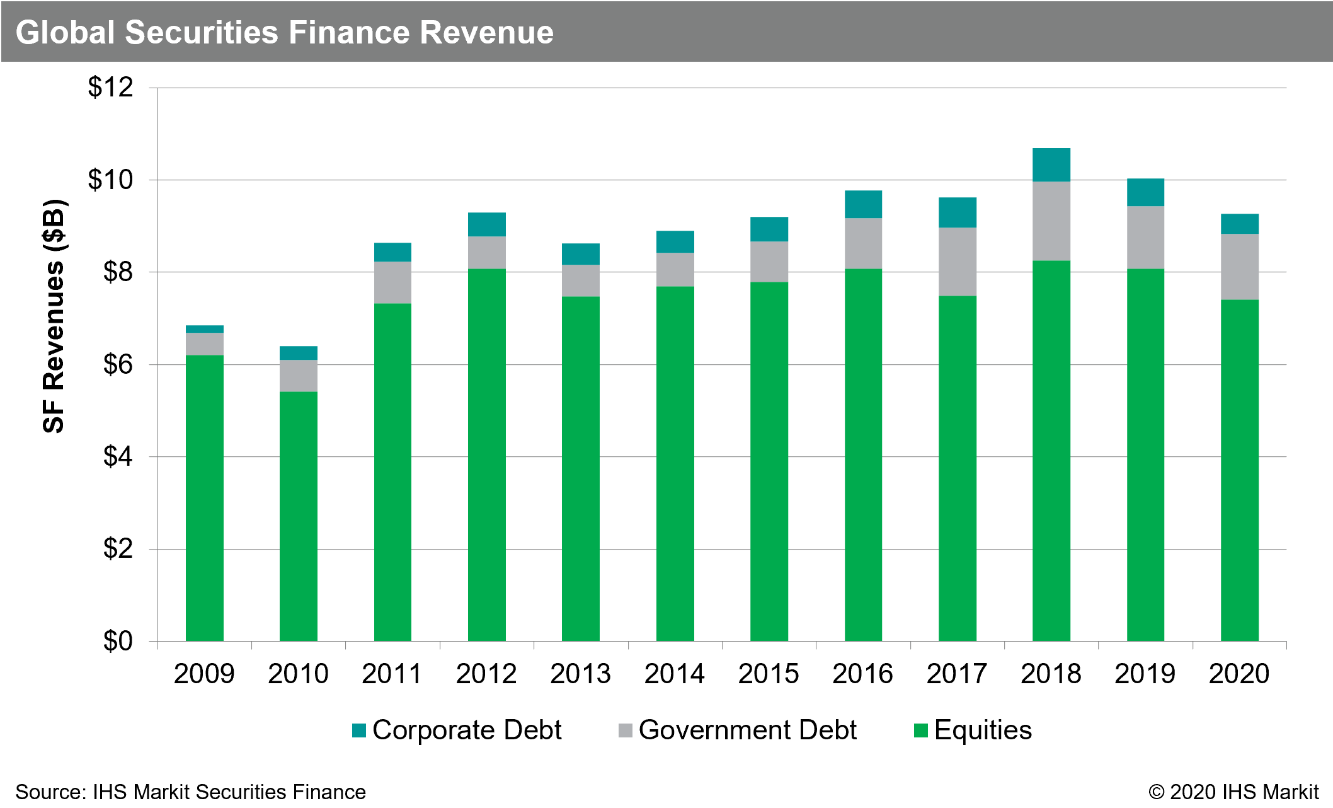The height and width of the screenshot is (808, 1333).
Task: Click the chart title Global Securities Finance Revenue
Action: click(284, 33)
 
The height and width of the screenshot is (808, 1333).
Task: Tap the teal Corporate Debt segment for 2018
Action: click(1051, 164)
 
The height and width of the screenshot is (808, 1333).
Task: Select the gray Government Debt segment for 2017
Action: click(957, 262)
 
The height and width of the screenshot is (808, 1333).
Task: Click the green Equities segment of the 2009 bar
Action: click(204, 498)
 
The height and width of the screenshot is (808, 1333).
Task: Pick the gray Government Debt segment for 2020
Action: click(1239, 267)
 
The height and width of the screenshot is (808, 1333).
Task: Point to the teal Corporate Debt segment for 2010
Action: click(298, 353)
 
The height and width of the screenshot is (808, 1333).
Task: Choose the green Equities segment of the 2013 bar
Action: click(580, 468)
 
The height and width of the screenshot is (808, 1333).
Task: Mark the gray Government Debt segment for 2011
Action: click(392, 282)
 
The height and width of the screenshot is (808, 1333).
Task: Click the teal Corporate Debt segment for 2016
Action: click(863, 204)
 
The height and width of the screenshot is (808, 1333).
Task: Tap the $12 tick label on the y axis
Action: click(111, 88)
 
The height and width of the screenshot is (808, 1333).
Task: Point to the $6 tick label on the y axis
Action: click(118, 364)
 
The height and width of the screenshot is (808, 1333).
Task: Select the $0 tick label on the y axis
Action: click(118, 641)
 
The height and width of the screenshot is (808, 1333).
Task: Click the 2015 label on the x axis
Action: click(769, 674)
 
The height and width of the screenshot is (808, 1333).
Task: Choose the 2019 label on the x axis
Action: click(1145, 674)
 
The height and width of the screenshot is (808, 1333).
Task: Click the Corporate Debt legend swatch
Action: click(359, 730)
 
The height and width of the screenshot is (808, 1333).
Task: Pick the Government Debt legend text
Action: click(747, 730)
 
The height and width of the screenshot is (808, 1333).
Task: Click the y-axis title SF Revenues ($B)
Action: click(54, 316)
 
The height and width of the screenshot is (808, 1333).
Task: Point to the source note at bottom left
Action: click(190, 792)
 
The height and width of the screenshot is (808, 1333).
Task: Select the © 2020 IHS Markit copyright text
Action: click(1233, 792)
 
